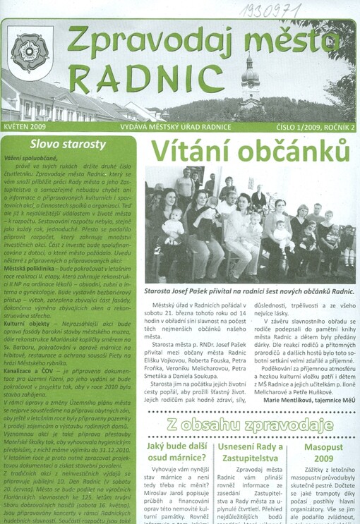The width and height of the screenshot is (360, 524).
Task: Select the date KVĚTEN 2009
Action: pyautogui.click(x=25, y=126)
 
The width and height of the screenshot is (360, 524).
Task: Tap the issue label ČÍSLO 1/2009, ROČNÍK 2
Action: pyautogui.click(x=313, y=126)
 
